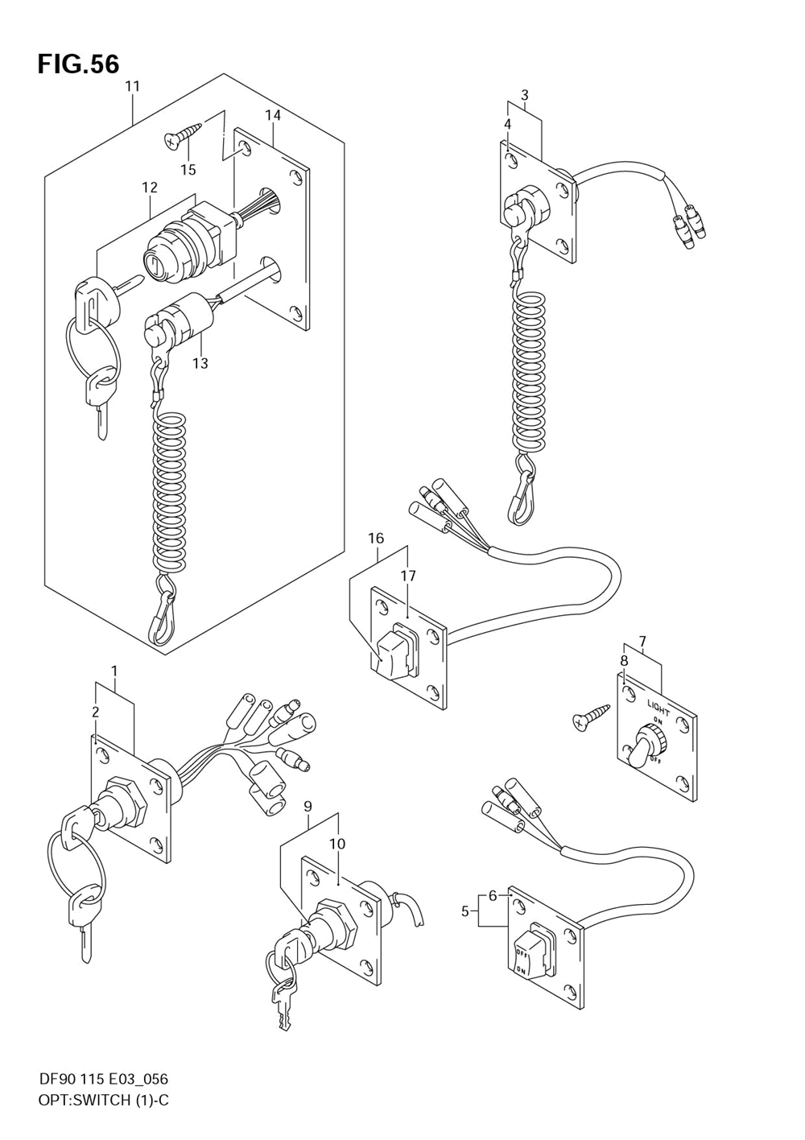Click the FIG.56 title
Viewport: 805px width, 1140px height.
(x=78, y=64)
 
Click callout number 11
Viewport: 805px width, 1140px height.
(x=133, y=86)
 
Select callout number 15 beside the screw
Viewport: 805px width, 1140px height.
(x=188, y=170)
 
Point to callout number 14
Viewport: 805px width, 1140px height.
(x=274, y=115)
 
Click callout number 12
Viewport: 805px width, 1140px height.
(x=150, y=188)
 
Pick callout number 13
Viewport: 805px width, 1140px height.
(x=200, y=363)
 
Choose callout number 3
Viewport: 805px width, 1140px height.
(x=524, y=95)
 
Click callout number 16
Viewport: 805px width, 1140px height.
(x=376, y=538)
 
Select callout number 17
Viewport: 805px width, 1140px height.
(x=408, y=576)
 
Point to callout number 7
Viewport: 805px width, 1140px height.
(x=642, y=641)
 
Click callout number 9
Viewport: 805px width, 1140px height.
(x=308, y=806)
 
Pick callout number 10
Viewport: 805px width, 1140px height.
(x=337, y=844)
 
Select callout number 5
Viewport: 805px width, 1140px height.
(x=465, y=911)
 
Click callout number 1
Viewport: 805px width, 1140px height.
(x=114, y=671)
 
